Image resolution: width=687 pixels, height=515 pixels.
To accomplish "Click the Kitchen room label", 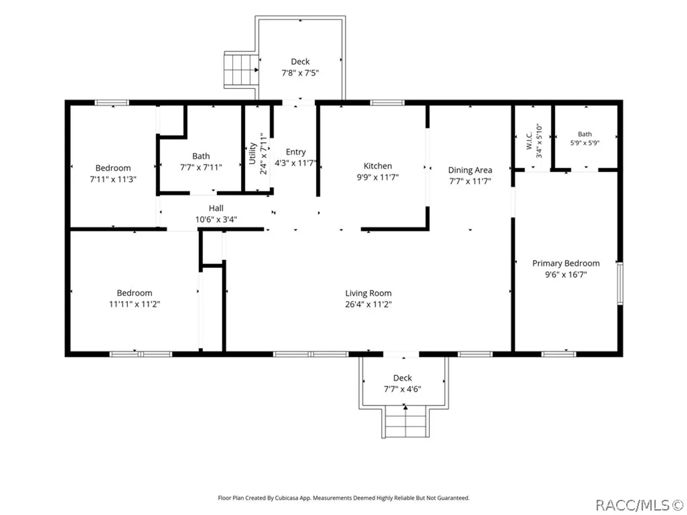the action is (x=377, y=166).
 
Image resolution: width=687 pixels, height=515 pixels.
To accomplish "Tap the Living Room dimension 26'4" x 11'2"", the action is (x=368, y=304).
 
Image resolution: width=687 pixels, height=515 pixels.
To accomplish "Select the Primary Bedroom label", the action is (x=565, y=263).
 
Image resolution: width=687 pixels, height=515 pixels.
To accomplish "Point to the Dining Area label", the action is (x=470, y=170).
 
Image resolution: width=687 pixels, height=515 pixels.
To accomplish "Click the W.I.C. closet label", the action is (x=529, y=141).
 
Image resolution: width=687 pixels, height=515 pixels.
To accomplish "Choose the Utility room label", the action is (x=252, y=153).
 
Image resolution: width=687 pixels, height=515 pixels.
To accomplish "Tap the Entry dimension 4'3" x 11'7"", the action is (x=295, y=163).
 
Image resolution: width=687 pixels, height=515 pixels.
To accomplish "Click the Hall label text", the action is (x=216, y=208).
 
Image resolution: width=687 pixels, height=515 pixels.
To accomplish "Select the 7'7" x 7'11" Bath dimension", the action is (x=201, y=167).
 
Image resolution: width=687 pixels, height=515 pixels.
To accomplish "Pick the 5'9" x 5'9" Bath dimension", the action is (x=584, y=143).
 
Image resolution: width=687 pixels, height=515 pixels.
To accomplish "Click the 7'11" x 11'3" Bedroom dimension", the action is (x=113, y=179).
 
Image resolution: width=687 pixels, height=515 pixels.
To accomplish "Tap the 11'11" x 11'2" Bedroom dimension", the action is (x=134, y=304).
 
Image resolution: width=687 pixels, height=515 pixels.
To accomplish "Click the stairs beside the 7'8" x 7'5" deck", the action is (x=241, y=70).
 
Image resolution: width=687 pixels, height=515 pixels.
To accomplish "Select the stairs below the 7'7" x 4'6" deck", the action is (x=406, y=421).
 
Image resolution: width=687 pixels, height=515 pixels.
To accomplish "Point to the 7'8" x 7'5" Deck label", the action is (x=300, y=62).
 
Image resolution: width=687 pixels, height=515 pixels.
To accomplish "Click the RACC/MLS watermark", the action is (x=639, y=505).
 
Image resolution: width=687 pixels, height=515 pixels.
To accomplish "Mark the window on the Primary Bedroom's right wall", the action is (x=620, y=283).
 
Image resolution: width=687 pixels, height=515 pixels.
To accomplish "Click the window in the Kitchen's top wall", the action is (x=387, y=103).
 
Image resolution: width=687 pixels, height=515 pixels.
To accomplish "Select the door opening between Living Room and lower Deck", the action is (x=401, y=354).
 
